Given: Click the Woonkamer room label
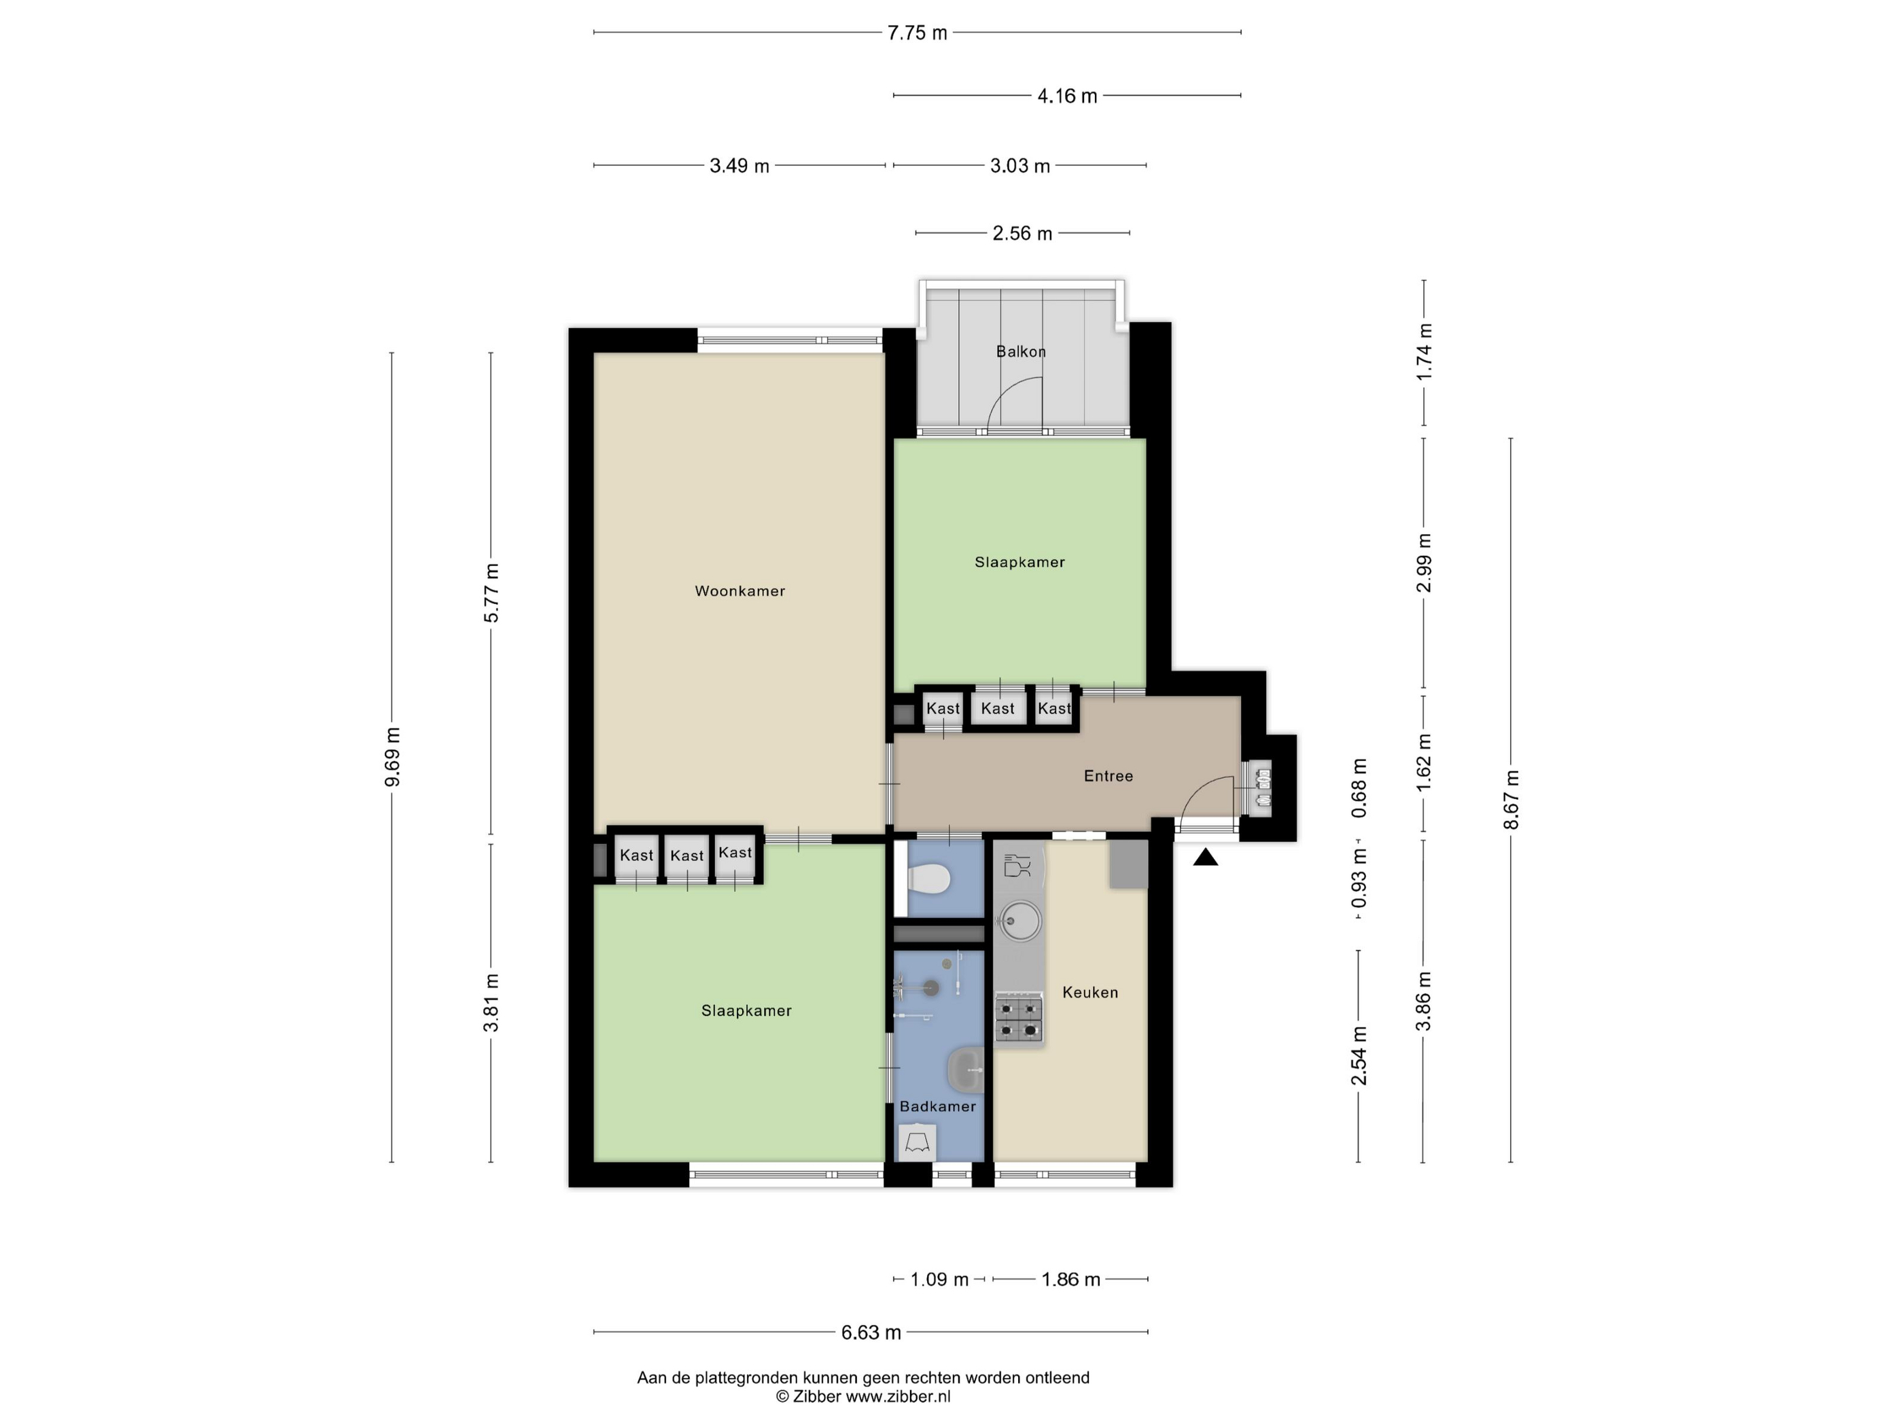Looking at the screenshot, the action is click(x=740, y=591).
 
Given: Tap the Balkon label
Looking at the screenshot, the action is click(x=1022, y=351).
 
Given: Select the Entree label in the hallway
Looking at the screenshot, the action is click(x=1108, y=776).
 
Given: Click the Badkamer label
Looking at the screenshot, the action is click(x=938, y=1106).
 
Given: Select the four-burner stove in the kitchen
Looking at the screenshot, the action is click(x=1019, y=1019).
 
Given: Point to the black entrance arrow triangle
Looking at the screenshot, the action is click(x=1205, y=857).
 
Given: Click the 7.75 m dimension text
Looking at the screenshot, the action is click(x=917, y=33).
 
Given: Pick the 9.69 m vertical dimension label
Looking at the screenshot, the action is click(x=392, y=757).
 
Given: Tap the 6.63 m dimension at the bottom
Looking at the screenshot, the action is click(x=871, y=1333).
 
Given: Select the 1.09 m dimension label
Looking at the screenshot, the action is click(x=939, y=1279).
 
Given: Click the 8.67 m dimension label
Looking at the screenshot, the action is click(x=1512, y=799).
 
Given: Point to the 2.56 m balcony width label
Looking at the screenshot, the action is click(x=1022, y=233).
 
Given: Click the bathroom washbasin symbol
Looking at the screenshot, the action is click(x=965, y=1069).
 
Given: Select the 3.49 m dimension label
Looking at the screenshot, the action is click(x=739, y=166).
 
